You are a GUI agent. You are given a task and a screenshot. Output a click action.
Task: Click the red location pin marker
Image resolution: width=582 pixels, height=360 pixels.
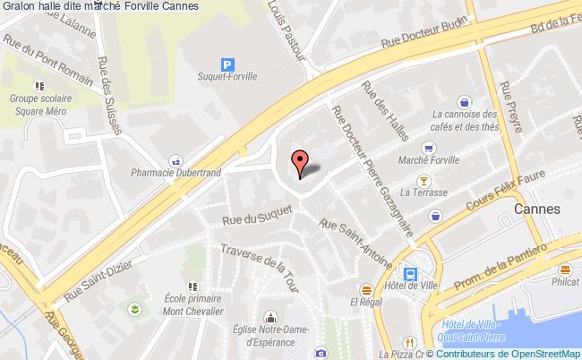click(x=301, y=160)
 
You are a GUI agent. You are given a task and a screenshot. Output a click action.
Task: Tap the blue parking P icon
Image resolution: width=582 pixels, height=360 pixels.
click(x=228, y=64)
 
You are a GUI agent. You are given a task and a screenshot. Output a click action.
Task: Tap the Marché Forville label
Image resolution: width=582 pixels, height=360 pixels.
click(x=431, y=162)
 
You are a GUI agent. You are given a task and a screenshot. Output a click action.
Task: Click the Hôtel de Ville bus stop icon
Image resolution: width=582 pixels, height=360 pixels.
click(x=410, y=274)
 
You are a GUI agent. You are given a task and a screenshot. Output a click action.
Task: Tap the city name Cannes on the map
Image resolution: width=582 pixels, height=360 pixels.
click(x=537, y=209)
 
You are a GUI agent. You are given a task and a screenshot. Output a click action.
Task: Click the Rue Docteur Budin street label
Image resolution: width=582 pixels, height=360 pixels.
click(x=424, y=43)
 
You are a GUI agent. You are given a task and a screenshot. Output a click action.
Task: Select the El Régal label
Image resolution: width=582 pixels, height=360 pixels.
click(x=367, y=303)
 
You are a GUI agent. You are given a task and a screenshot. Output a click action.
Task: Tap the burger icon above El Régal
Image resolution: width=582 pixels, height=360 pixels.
click(x=366, y=289)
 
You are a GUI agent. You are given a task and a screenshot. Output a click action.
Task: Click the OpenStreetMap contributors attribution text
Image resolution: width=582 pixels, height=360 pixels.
click(x=510, y=354)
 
